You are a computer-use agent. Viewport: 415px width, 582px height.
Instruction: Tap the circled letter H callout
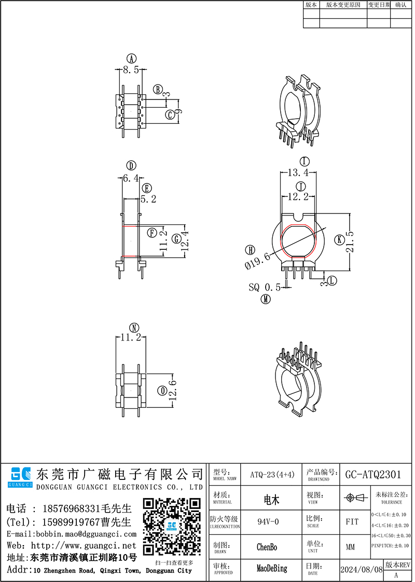(251, 250)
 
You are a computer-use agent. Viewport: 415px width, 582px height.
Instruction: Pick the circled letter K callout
(339, 239)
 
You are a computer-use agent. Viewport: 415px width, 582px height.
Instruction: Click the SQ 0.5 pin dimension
(265, 287)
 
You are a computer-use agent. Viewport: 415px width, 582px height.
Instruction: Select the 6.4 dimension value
(130, 178)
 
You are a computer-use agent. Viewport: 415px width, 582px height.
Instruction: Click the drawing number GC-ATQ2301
(372, 474)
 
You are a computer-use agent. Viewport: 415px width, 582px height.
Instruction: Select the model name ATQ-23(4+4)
(272, 474)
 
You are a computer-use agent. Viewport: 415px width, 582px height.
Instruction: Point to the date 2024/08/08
(361, 569)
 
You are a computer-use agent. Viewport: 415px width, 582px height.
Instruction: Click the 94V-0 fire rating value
(268, 521)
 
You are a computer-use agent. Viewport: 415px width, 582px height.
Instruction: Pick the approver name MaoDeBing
(271, 569)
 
